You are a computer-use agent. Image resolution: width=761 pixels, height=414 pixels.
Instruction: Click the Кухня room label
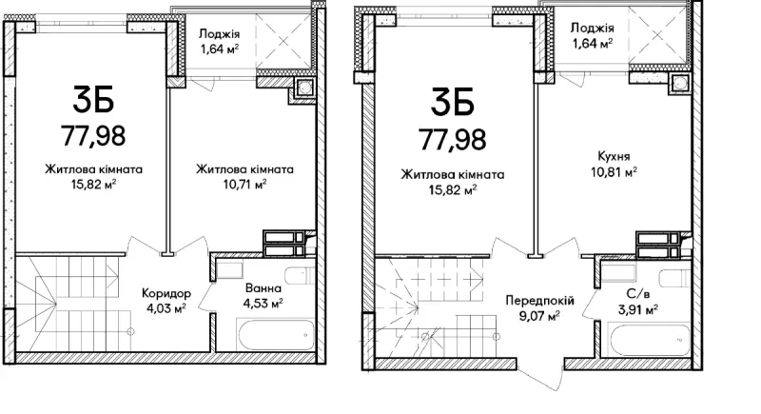coord(614,156)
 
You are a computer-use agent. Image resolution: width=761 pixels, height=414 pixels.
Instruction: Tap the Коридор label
coord(166,293)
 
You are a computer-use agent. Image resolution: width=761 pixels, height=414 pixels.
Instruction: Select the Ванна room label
coord(263,288)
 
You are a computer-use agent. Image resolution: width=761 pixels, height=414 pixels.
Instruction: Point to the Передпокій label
coord(539,301)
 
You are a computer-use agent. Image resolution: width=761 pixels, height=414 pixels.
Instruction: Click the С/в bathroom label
coord(637,293)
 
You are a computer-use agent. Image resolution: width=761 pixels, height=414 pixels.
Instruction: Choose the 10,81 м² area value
coord(614,172)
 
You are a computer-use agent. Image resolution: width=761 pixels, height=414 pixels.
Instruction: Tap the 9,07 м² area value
coord(539,316)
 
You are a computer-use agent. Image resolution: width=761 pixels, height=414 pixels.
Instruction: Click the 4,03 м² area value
coord(166,308)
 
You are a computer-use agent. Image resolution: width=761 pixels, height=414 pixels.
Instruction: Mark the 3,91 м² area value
coord(637,308)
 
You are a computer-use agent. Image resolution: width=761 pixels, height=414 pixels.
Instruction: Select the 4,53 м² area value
coord(263,304)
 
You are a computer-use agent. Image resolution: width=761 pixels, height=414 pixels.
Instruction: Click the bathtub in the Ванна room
coord(276,333)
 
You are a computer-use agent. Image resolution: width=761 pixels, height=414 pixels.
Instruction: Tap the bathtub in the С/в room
coord(650,339)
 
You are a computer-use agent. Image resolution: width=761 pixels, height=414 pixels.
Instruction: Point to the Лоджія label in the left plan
coord(219,34)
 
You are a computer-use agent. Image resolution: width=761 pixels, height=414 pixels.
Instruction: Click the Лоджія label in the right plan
coord(592,29)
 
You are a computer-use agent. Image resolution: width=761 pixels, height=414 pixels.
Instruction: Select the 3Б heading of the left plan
coord(93,100)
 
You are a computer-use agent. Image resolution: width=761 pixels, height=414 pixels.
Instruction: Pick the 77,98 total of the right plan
coord(453,139)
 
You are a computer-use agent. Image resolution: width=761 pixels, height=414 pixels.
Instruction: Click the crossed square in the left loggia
coord(283,41)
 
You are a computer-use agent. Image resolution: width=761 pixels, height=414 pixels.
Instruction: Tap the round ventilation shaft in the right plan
coord(678,83)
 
